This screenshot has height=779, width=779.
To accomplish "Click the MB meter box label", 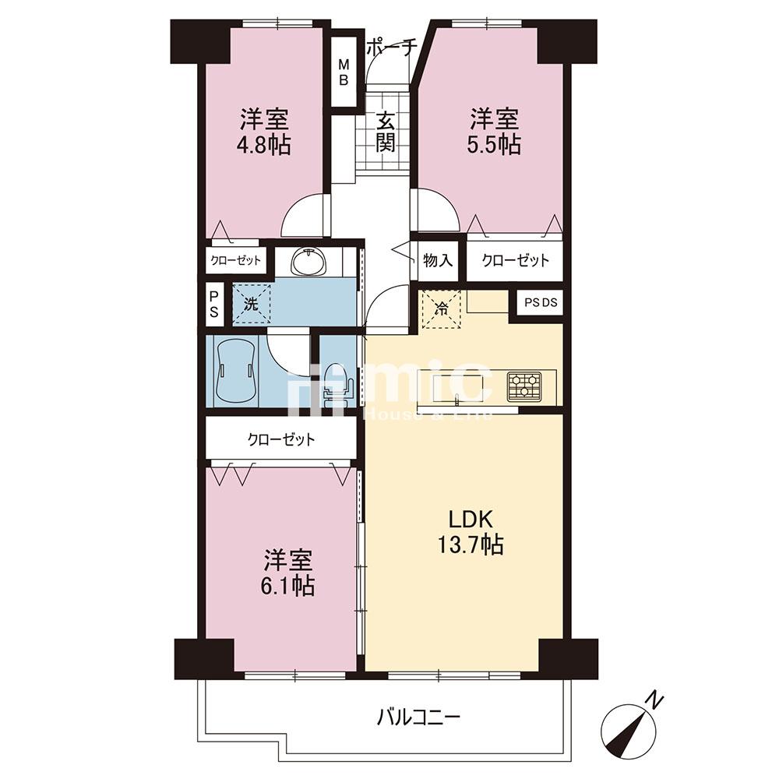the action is (x=344, y=72).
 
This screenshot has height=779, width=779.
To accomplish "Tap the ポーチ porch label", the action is (x=390, y=48).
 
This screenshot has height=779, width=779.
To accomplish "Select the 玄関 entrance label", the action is (x=385, y=132).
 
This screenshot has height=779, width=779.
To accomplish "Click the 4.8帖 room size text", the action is (x=264, y=145).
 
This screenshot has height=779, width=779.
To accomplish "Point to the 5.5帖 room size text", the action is (x=494, y=145).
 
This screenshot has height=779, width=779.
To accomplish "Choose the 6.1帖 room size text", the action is (x=287, y=587).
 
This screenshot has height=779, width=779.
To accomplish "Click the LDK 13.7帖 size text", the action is (x=470, y=545).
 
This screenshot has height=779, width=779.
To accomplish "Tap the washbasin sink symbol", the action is (x=308, y=261).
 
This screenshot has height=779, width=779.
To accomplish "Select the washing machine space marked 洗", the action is (x=252, y=304).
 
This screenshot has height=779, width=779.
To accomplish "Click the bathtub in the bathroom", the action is (x=238, y=370).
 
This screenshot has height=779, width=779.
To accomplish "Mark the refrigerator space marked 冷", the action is (x=442, y=308).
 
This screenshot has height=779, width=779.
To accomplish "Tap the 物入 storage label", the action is (x=438, y=260).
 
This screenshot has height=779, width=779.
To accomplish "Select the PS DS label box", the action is (x=541, y=302).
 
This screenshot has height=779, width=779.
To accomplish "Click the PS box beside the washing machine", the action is (x=214, y=305).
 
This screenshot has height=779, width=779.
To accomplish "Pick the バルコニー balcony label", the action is (x=418, y=717).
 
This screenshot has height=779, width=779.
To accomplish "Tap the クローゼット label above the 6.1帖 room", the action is (x=281, y=439).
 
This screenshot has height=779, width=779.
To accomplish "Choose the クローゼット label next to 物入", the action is (x=516, y=260).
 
